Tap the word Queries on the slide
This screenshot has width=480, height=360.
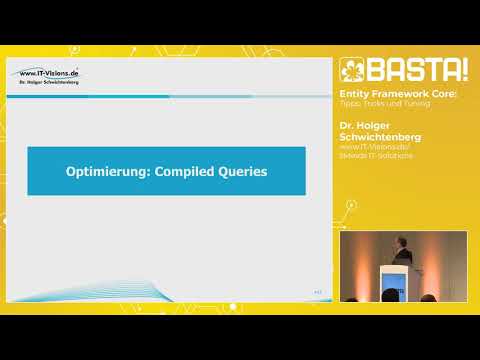coord(246,172)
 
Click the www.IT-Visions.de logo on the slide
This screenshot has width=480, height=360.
coord(48,74)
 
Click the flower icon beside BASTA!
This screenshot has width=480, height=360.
coord(350,71)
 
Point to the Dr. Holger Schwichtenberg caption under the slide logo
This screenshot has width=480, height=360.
coord(48,84)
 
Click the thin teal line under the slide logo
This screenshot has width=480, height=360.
coord(150,91)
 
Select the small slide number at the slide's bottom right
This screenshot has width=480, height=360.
coord(318,291)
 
